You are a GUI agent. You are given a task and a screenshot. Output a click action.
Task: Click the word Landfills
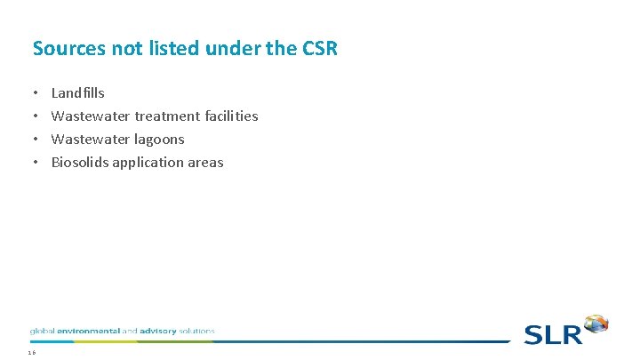point(78,92)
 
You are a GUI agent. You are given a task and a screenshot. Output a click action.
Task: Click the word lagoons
point(160,139)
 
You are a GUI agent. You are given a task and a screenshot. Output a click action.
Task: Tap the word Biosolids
point(80,162)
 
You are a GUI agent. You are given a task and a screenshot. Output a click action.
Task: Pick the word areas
point(204,162)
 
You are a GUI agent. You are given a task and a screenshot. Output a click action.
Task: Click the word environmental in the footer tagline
point(88,331)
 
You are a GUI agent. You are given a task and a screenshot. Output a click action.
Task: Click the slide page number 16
point(32,353)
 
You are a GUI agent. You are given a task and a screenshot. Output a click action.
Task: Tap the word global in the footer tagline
point(42,331)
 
